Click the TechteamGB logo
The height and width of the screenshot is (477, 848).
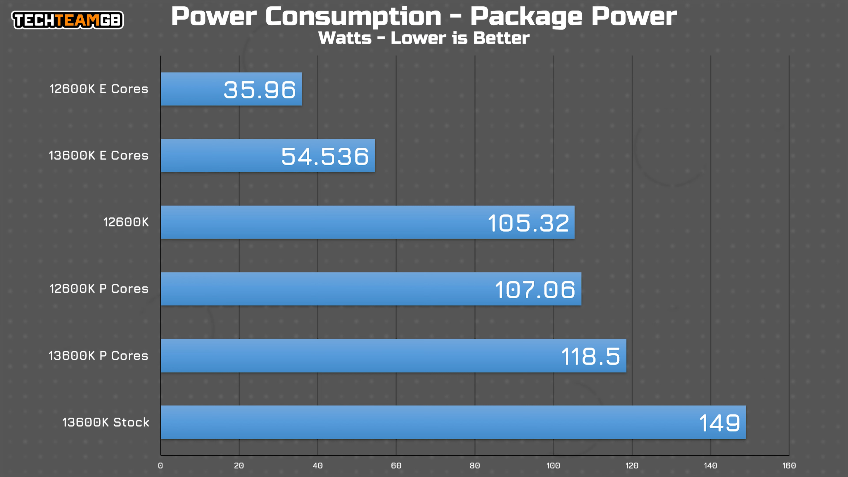(68, 20)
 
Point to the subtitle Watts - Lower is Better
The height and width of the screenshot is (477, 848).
(424, 38)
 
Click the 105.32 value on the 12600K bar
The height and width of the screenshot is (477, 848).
(528, 223)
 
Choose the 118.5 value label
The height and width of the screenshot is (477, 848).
(590, 357)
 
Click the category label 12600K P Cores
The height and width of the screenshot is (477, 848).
(99, 289)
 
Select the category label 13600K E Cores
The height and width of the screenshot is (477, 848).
(99, 156)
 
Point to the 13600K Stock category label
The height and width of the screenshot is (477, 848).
(106, 422)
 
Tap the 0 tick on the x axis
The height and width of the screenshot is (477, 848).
(160, 466)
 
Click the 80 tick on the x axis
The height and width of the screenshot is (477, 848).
(475, 466)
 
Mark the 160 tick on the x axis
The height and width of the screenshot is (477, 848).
(789, 466)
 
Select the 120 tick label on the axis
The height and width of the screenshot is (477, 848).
(632, 466)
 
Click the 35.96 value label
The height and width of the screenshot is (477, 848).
(260, 90)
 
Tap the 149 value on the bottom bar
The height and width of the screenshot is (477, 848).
(719, 423)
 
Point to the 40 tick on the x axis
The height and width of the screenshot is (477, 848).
(317, 466)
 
